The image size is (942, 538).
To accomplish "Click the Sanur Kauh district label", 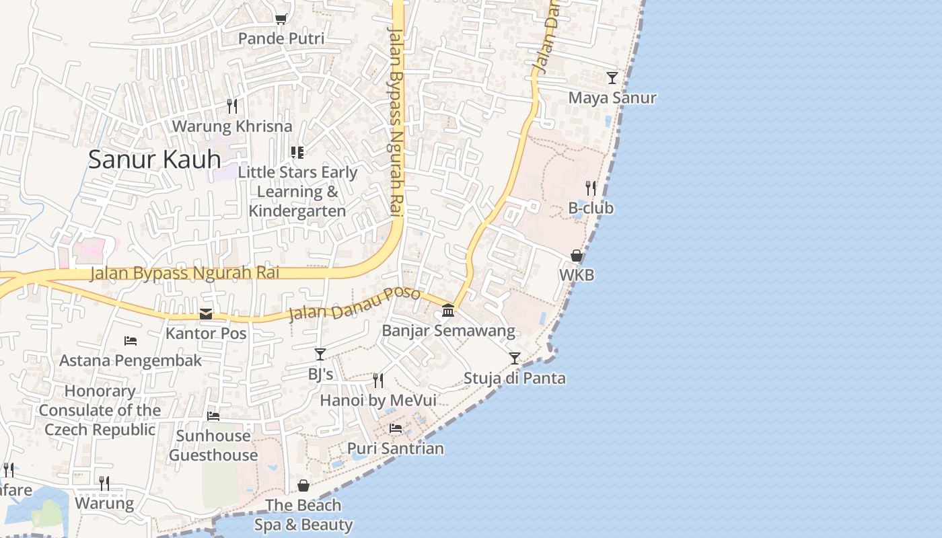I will [x=155, y=159].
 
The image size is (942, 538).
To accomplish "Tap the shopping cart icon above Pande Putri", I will [x=281, y=20].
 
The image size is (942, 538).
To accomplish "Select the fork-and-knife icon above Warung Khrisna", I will [x=232, y=106].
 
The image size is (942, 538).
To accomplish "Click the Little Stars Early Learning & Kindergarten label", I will [x=297, y=191].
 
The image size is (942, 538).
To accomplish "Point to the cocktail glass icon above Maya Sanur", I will [x=612, y=78].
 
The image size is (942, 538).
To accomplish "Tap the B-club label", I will [x=591, y=208].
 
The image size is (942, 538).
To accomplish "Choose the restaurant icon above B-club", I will [x=591, y=188].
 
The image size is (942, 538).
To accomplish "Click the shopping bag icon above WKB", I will [x=577, y=256].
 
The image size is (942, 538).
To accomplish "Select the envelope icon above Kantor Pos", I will [x=206, y=314].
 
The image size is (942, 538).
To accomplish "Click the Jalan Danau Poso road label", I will [x=355, y=304].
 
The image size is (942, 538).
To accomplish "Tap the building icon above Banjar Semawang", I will [x=448, y=310].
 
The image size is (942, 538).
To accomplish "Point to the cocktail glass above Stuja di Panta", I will [x=515, y=358].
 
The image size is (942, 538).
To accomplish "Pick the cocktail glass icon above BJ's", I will [x=320, y=354].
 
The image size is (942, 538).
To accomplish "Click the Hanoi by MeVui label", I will [x=378, y=400].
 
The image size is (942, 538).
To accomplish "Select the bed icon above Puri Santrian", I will [x=396, y=428].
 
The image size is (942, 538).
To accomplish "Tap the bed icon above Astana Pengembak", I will [x=131, y=341].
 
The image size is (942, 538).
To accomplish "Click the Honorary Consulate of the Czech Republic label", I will [x=100, y=410].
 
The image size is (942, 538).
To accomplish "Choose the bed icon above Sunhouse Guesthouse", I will [x=213, y=416].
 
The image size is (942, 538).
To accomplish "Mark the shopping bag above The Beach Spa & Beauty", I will [x=303, y=486].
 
